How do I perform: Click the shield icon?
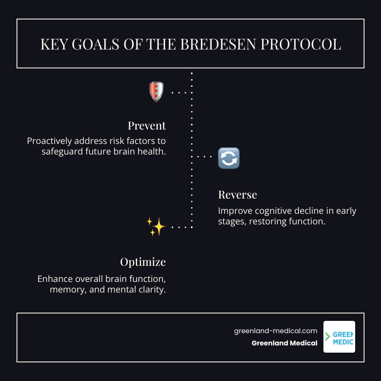click(156, 92)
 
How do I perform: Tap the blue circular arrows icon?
click(229, 158)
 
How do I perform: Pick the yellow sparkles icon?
click(156, 227)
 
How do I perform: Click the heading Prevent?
click(147, 126)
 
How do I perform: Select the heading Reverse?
click(237, 195)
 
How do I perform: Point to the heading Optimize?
click(143, 262)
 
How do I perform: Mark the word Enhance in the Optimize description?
click(54, 279)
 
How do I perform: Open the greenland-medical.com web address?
click(276, 331)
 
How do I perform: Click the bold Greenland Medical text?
click(284, 343)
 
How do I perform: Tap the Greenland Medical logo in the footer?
click(339, 337)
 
